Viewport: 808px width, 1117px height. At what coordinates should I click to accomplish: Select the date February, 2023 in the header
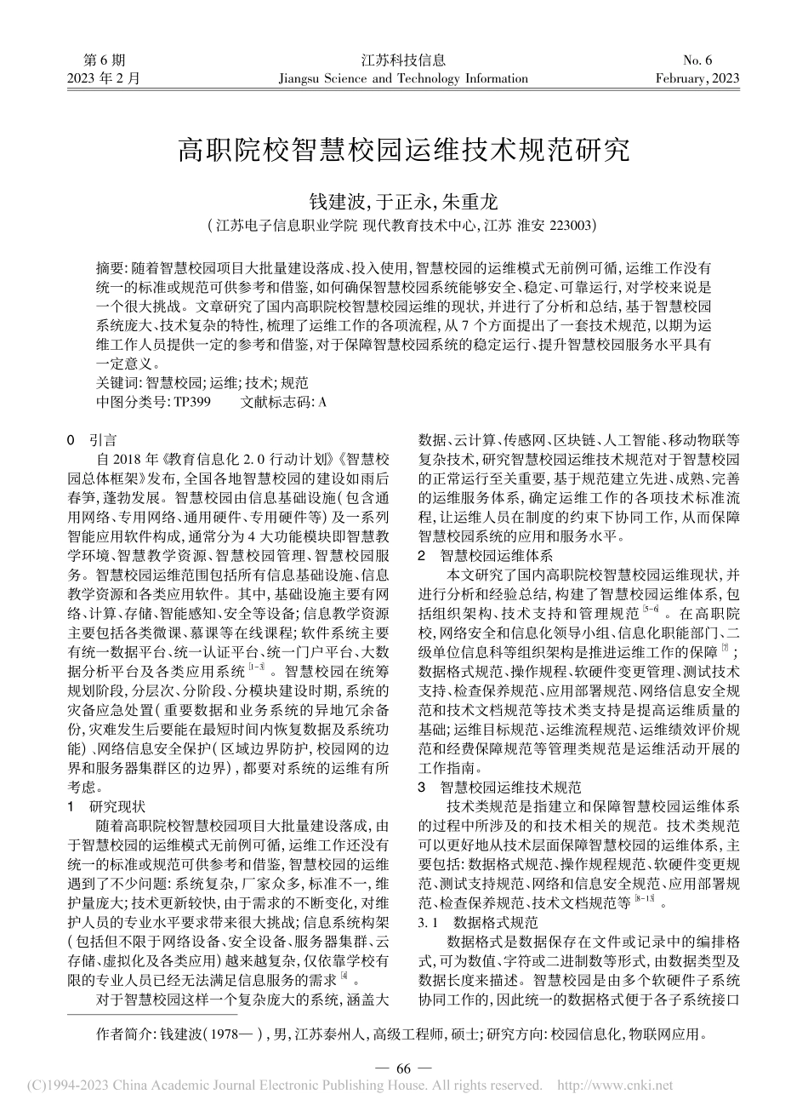click(697, 79)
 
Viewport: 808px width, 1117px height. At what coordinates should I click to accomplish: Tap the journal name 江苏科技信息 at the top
click(403, 60)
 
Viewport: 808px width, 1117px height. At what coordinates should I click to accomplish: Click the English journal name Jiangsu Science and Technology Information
click(403, 79)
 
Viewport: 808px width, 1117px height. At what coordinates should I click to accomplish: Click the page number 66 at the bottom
click(403, 1068)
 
